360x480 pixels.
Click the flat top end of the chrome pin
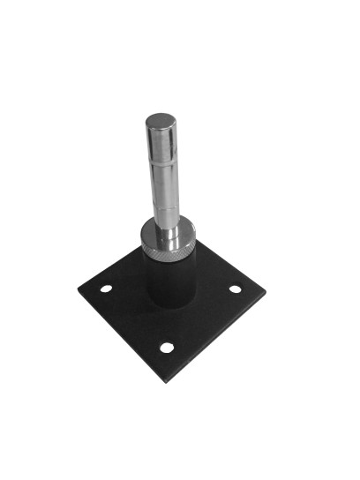tap(162, 121)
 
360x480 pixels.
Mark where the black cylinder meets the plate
tap(172, 305)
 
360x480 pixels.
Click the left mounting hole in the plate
tap(106, 289)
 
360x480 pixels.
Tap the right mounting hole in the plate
tap(235, 289)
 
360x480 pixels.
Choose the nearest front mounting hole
tap(167, 347)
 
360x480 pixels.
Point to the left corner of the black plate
tap(78, 289)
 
